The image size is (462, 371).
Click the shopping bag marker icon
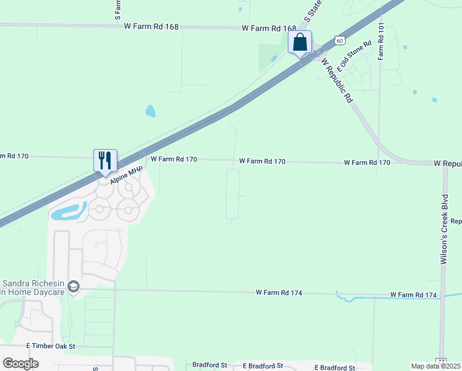coord(300,43)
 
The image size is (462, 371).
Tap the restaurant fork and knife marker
coord(105,160)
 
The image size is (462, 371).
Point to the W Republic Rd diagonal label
coord(339,80)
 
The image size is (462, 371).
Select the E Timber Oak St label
coord(51,347)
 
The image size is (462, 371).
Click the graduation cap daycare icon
coord(74,286)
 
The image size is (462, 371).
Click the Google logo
coord(20,363)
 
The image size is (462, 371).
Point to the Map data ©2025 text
coord(435,366)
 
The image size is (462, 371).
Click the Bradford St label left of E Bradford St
coord(210,365)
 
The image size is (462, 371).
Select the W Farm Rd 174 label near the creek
coord(414,295)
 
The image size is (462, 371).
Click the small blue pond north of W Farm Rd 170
coord(150,111)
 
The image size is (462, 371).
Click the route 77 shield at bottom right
coord(441,360)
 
